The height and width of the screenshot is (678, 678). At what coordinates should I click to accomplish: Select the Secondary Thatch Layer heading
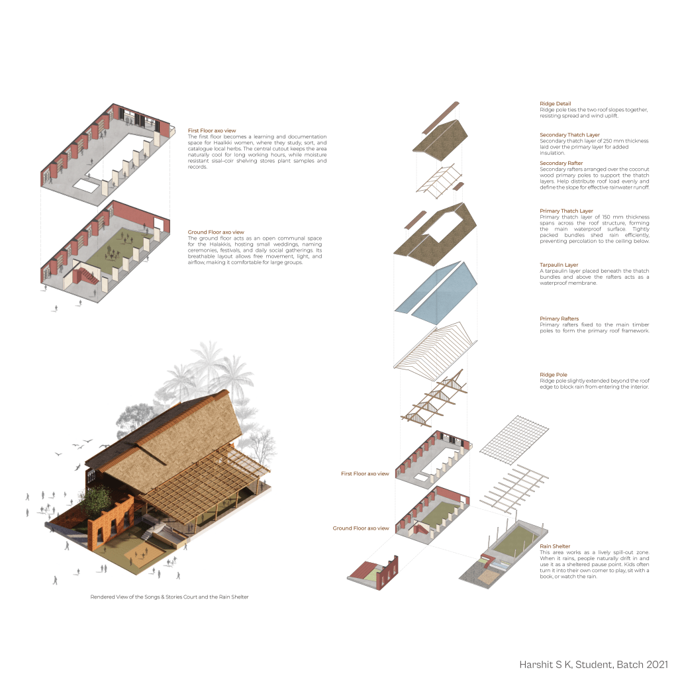[569, 135]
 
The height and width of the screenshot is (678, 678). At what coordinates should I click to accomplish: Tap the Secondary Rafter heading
[561, 163]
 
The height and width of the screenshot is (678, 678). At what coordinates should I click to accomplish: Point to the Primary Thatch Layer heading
[566, 211]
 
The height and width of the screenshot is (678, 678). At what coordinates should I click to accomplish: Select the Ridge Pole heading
[554, 375]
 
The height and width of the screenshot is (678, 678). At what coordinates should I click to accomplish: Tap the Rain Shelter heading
[555, 546]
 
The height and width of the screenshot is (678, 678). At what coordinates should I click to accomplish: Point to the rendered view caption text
[169, 597]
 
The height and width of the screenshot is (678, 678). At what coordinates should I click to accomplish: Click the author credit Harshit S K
[550, 663]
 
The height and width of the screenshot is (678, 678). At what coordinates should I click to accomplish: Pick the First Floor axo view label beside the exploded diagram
[365, 474]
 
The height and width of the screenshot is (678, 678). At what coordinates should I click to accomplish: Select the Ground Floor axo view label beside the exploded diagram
[361, 528]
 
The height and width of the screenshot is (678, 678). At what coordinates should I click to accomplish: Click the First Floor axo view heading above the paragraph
[212, 131]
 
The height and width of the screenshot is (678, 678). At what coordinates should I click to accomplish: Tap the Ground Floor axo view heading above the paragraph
[216, 232]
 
